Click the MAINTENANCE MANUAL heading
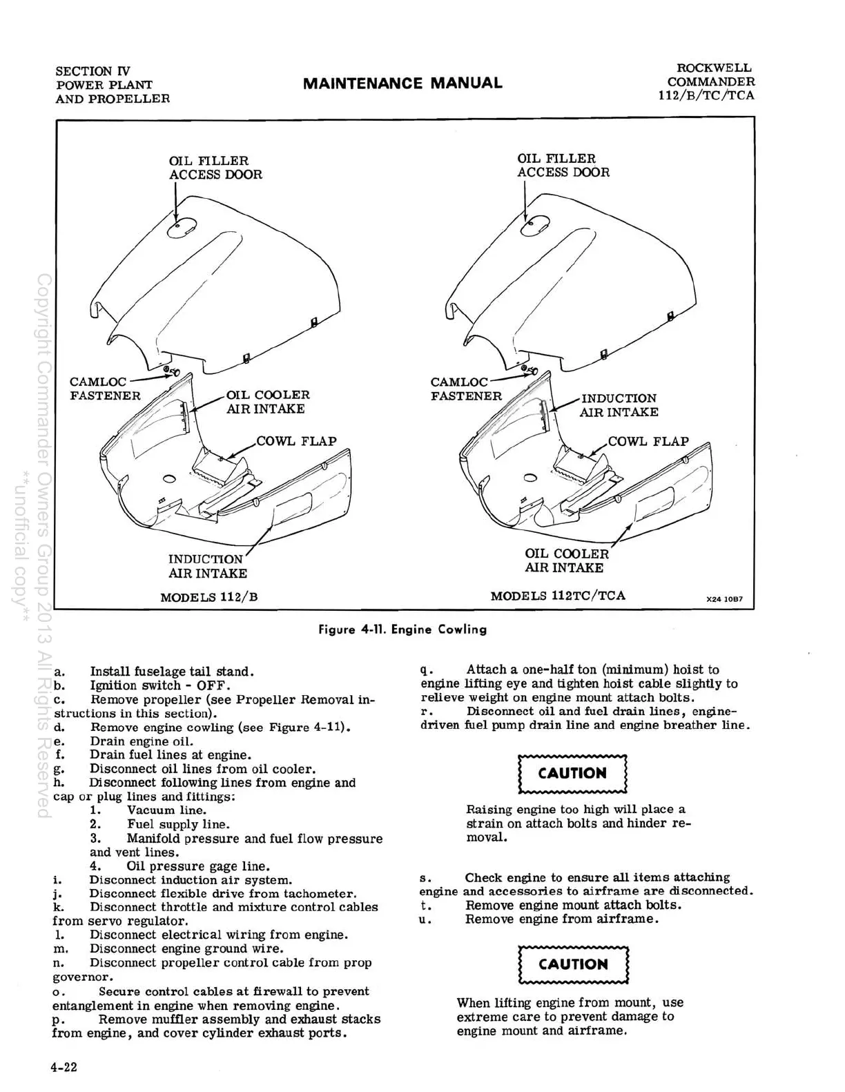[x=402, y=84]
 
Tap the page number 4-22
[x=64, y=1067]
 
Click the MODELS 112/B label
[x=208, y=597]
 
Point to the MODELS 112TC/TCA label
[x=558, y=596]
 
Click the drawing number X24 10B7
[x=724, y=599]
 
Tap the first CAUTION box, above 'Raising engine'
[x=572, y=773]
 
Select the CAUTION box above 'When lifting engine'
[x=573, y=964]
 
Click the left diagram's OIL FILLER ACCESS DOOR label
[x=215, y=168]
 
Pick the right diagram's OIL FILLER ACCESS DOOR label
[x=563, y=166]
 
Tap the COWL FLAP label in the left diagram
[x=296, y=441]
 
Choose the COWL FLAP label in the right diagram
[x=648, y=441]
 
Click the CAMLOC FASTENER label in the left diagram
[x=105, y=389]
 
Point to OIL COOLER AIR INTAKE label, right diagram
[x=566, y=560]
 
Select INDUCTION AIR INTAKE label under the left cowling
[x=207, y=566]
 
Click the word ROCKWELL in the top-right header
[x=714, y=68]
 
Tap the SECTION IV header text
[x=93, y=71]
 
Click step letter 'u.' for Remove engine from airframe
[x=425, y=919]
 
